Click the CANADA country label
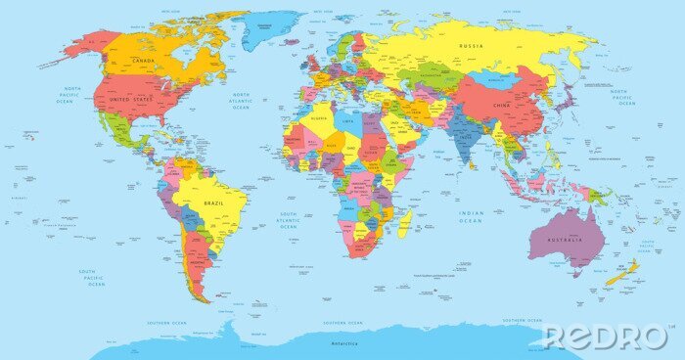point(143,61)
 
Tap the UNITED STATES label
point(132,100)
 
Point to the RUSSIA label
point(472,45)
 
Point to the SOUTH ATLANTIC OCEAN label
point(289,220)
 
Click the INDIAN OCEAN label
point(471,217)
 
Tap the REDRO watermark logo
point(606,337)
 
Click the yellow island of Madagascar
point(404,224)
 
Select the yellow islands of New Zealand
point(622,273)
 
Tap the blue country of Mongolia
point(494,80)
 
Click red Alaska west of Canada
point(80,45)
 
